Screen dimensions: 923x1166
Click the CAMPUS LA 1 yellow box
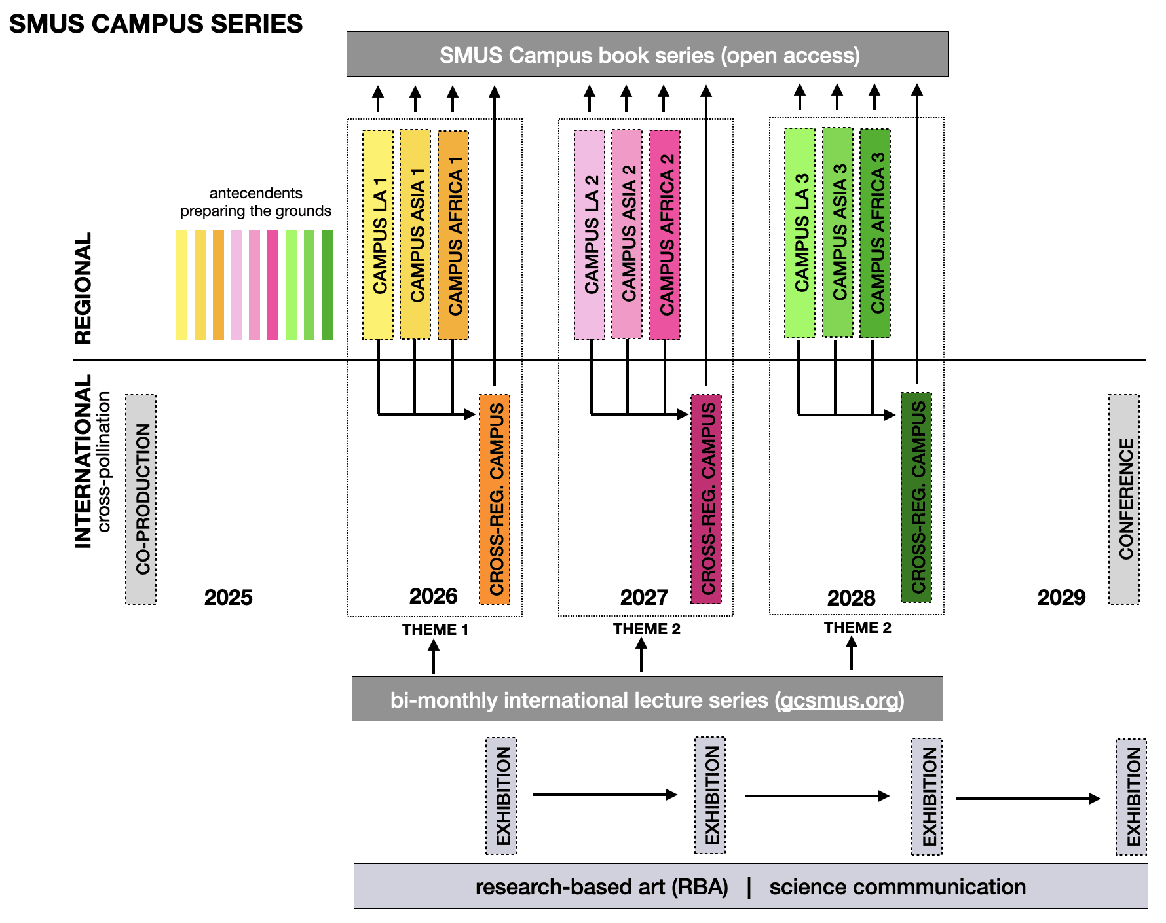pyautogui.click(x=378, y=235)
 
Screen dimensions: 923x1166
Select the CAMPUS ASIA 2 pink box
pyautogui.click(x=627, y=234)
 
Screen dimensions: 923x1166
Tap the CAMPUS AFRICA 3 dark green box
pyautogui.click(x=875, y=233)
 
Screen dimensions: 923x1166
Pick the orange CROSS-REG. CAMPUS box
pyautogui.click(x=495, y=499)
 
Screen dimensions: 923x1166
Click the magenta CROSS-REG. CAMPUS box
pyautogui.click(x=706, y=499)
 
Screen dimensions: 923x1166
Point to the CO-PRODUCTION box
pyautogui.click(x=141, y=499)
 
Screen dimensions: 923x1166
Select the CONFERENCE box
pyautogui.click(x=1124, y=499)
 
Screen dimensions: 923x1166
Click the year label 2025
pyautogui.click(x=228, y=597)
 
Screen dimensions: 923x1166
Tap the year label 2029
pyautogui.click(x=1061, y=597)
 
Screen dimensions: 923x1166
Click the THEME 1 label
pyautogui.click(x=435, y=630)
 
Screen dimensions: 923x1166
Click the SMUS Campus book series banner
pyautogui.click(x=647, y=54)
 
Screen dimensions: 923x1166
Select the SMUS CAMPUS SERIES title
pyautogui.click(x=156, y=24)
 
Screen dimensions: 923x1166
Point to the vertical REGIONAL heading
pyautogui.click(x=83, y=288)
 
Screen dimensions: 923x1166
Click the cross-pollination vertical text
pyautogui.click(x=104, y=461)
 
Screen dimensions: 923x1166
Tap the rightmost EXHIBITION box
pyautogui.click(x=1131, y=796)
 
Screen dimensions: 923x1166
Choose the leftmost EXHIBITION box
pyautogui.click(x=501, y=796)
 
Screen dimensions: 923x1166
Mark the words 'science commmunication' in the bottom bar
pyautogui.click(x=897, y=886)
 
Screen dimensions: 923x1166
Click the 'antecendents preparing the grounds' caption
pyautogui.click(x=255, y=202)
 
